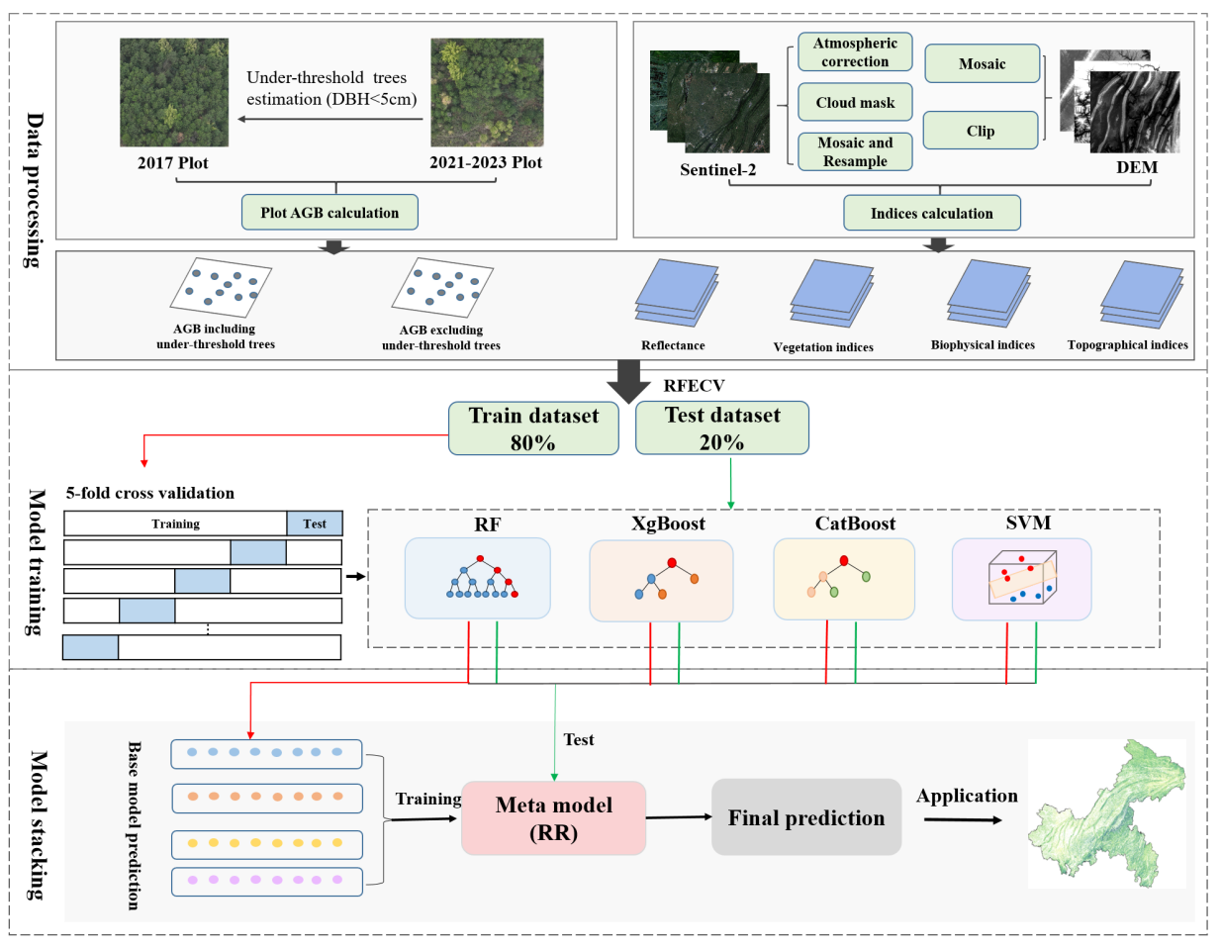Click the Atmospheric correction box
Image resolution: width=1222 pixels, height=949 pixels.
[x=855, y=52]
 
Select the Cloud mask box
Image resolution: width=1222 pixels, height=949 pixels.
[x=855, y=102]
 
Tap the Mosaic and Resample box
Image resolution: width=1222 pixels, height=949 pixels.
[x=855, y=151]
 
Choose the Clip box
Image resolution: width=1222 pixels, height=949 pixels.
[x=981, y=131]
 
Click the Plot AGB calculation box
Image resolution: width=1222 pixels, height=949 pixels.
[x=329, y=212]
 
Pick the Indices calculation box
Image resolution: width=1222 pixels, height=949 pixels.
[x=931, y=213]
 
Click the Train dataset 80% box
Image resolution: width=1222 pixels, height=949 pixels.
[x=533, y=428]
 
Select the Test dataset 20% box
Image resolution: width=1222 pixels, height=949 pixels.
[x=722, y=428]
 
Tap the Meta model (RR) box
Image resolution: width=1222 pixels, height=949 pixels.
[x=553, y=818]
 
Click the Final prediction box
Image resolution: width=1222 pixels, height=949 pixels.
[x=806, y=817]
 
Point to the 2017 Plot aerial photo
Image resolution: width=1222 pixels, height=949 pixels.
[x=174, y=93]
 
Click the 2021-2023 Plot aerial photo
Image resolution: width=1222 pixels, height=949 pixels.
[x=487, y=93]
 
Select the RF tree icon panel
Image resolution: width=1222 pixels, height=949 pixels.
[x=477, y=578]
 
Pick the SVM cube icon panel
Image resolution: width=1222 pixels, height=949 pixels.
[x=1021, y=579]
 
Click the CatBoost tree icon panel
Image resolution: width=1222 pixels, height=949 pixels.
[x=844, y=579]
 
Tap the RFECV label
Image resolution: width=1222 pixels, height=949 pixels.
[x=694, y=386]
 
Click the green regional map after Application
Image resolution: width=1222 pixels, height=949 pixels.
[x=1107, y=812]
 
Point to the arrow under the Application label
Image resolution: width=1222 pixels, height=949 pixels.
[x=962, y=819]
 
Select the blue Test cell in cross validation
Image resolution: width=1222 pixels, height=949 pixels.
[x=315, y=523]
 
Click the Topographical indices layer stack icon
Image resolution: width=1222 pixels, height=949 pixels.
[x=1141, y=295]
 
